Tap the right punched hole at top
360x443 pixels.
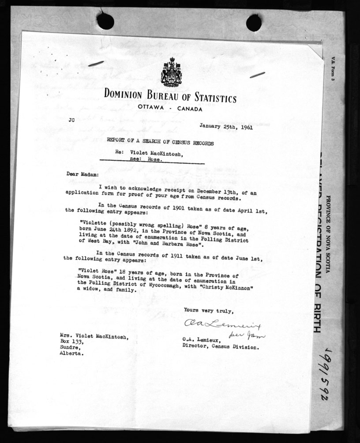(254, 23)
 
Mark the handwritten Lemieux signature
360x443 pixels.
(223, 326)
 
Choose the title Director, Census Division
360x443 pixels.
(221, 346)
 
